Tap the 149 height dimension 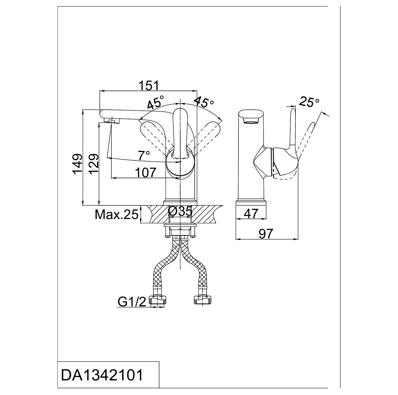click(x=77, y=164)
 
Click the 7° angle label click(x=144, y=155)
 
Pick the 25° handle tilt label click(x=309, y=102)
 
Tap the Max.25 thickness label click(x=117, y=215)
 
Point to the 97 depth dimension click(x=266, y=234)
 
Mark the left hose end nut click(x=158, y=301)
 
